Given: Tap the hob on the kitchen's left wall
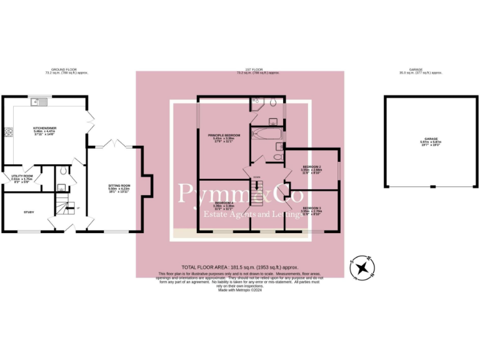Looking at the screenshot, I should click(8, 132).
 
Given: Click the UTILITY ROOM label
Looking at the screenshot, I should click(22, 177).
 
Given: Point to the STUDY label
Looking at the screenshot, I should click(29, 212).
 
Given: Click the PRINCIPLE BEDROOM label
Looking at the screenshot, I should click(224, 135).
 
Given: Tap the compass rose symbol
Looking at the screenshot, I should click(361, 267).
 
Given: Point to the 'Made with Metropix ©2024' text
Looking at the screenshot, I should click(240, 290).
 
